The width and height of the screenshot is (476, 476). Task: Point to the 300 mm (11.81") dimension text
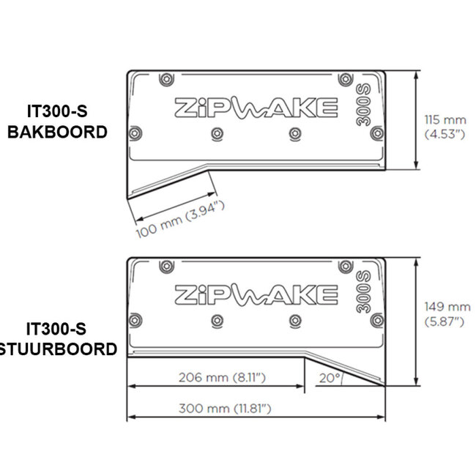coord(225,409)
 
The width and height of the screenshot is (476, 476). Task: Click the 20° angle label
coord(328,378)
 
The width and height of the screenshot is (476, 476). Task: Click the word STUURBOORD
coord(59,349)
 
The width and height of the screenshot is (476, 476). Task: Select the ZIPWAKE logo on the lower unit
coord(256,294)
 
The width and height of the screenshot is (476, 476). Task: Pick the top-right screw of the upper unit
coord(349,79)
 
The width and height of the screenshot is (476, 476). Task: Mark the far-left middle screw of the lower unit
coord(134,320)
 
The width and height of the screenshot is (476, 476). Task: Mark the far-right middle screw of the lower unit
coord(376,320)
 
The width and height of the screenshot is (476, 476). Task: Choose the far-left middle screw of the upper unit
coord(134,133)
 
